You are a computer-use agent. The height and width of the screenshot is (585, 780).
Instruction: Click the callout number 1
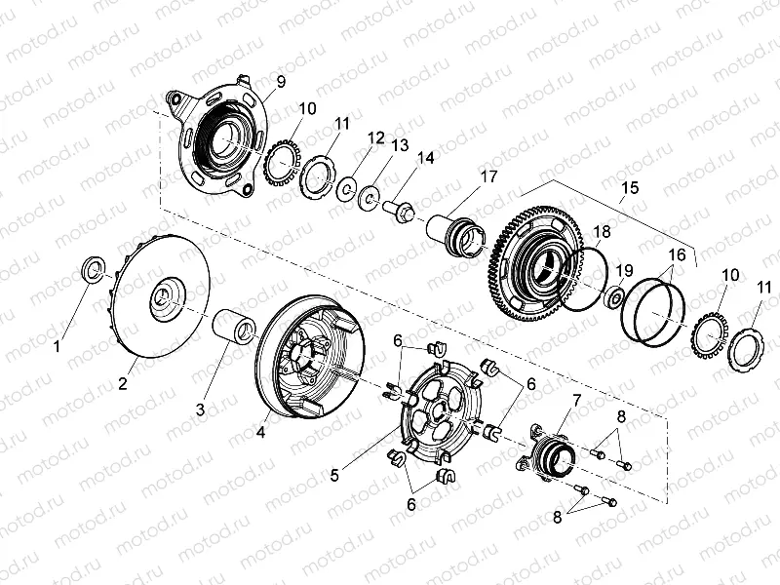click(58, 345)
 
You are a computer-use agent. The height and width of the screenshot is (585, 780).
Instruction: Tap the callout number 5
click(334, 475)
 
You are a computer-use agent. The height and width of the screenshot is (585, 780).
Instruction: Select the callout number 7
click(576, 401)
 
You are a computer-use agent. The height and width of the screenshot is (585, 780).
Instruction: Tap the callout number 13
click(400, 145)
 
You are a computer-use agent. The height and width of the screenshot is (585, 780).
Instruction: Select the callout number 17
click(487, 176)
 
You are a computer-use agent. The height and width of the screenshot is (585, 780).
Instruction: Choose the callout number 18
click(604, 232)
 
